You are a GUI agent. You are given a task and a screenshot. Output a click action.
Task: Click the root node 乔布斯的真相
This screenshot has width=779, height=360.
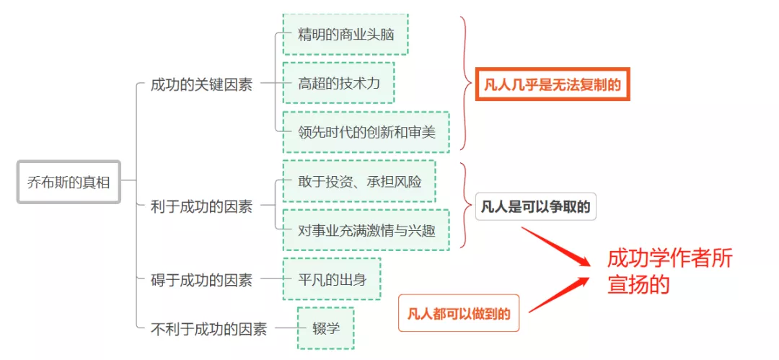click(69, 182)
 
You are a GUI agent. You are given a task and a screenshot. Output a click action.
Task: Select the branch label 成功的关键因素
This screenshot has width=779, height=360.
click(201, 84)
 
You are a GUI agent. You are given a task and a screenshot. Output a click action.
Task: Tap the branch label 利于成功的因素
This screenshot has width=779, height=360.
click(201, 206)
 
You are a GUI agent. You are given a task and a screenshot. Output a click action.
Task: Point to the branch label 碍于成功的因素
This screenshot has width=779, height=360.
click(201, 280)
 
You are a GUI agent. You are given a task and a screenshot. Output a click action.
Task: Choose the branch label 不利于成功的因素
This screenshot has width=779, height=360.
click(208, 329)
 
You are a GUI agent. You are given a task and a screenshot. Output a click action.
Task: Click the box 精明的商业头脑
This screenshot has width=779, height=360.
click(346, 34)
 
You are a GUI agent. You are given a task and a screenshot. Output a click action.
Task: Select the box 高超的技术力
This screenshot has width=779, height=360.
click(339, 83)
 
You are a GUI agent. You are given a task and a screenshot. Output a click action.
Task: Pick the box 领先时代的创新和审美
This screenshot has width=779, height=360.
click(366, 132)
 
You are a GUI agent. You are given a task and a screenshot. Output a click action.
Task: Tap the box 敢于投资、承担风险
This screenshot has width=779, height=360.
click(359, 181)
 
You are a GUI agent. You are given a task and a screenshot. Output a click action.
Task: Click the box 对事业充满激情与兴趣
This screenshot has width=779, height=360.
click(366, 230)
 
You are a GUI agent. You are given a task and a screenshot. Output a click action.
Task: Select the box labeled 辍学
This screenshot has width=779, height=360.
click(325, 328)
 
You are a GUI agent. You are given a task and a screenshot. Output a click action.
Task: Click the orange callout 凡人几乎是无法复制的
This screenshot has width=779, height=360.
click(553, 84)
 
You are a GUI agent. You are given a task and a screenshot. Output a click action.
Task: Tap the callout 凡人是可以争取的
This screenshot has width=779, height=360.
click(535, 207)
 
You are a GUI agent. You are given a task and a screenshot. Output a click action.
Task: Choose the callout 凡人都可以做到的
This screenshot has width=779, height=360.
click(459, 313)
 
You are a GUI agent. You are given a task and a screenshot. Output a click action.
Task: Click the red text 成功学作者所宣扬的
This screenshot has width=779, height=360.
click(669, 271)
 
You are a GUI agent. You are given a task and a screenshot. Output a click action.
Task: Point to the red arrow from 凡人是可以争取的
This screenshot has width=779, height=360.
click(556, 247)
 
